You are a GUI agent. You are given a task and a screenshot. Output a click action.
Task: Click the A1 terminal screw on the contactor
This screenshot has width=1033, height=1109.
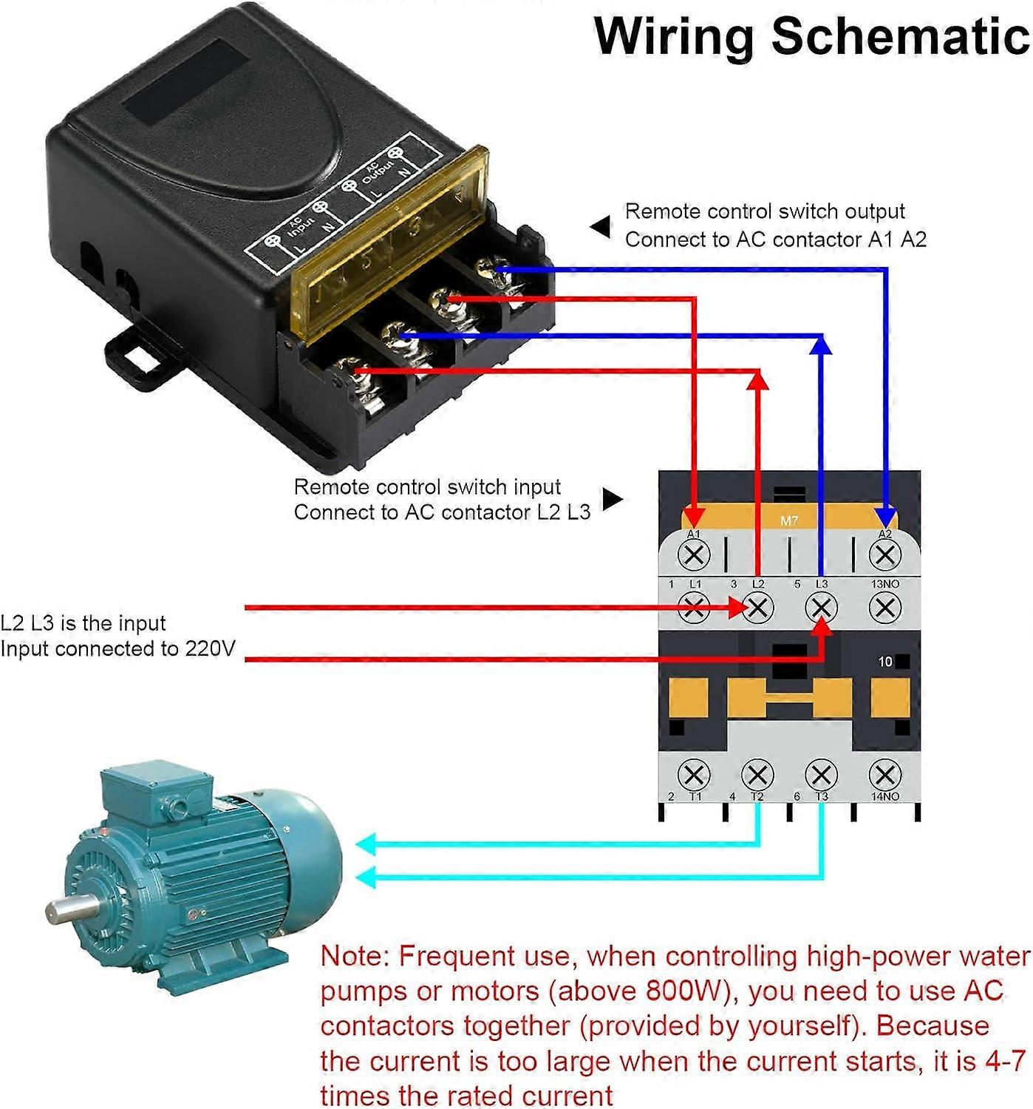(693, 554)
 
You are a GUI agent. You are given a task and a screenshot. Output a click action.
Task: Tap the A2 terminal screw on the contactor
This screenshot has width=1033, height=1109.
(884, 554)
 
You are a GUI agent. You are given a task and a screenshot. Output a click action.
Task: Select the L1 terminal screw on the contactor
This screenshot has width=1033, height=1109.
(693, 608)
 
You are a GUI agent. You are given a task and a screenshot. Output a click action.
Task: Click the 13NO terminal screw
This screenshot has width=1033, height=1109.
(884, 608)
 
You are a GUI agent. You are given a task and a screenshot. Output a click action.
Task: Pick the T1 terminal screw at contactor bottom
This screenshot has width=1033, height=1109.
(693, 776)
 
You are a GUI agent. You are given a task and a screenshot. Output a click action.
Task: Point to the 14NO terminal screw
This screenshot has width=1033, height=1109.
(884, 776)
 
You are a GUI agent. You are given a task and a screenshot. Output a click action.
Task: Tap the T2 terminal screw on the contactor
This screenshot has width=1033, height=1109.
(757, 776)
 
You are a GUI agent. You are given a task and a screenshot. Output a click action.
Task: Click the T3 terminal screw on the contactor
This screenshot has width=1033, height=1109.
(821, 776)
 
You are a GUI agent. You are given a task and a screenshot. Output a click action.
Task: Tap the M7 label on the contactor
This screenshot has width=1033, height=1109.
(789, 520)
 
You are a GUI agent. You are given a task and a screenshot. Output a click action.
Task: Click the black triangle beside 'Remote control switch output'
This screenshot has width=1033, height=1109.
(601, 227)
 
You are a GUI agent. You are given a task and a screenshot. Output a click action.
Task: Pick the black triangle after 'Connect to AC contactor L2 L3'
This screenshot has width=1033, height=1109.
(612, 499)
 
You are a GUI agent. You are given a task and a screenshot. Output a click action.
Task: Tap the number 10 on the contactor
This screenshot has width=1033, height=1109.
(885, 662)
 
